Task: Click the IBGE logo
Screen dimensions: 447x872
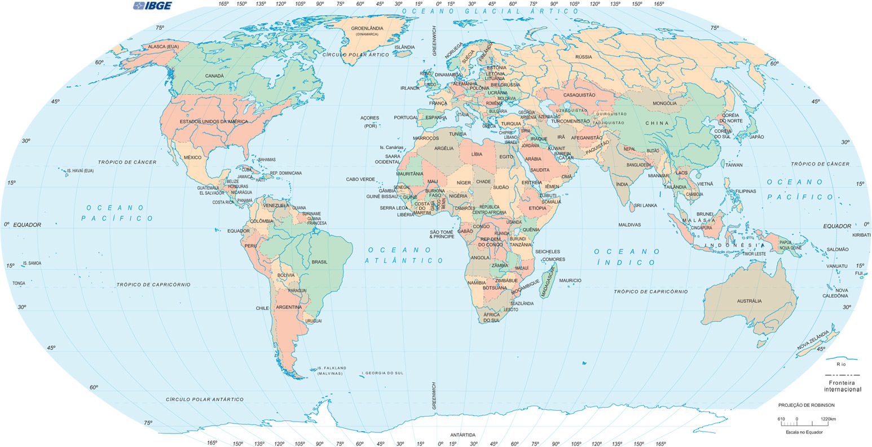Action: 152,6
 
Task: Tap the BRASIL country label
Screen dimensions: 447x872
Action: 319,262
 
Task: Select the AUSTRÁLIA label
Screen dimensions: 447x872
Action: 748,301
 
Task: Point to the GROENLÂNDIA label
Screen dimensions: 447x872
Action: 367,28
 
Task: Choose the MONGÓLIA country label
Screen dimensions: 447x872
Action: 664,103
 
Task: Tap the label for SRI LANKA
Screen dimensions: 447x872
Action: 645,205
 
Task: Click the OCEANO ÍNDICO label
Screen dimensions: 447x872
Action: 626,257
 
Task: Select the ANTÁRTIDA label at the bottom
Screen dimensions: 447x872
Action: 463,435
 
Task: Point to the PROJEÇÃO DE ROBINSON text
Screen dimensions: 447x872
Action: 806,405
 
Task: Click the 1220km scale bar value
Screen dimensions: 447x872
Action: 828,419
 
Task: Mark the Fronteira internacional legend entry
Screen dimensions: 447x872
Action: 842,386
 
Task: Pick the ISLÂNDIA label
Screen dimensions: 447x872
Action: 404,47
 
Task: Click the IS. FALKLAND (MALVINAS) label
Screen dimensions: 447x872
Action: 329,371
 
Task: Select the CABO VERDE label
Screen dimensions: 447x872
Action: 360,179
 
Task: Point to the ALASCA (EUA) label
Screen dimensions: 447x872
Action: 163,46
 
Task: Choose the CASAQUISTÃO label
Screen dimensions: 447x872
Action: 579,95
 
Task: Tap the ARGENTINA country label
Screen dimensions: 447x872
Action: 288,307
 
